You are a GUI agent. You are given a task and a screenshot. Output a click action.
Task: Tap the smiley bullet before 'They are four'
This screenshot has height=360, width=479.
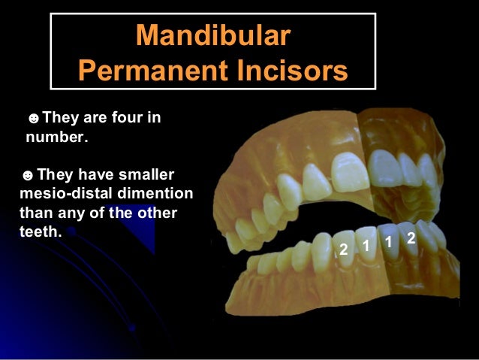tap(32, 119)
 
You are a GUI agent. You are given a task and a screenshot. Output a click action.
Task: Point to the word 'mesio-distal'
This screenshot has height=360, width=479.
tap(62, 194)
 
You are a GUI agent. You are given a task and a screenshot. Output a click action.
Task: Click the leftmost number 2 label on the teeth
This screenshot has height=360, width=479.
tap(343, 249)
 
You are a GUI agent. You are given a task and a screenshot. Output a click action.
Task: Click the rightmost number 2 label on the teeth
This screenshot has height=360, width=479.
tap(411, 238)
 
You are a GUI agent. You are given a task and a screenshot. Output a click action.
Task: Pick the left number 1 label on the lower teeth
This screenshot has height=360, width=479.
tap(366, 244)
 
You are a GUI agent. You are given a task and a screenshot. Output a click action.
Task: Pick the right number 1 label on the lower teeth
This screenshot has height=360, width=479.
tap(389, 242)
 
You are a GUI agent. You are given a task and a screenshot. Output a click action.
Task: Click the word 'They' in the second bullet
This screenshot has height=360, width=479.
tap(54, 175)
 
